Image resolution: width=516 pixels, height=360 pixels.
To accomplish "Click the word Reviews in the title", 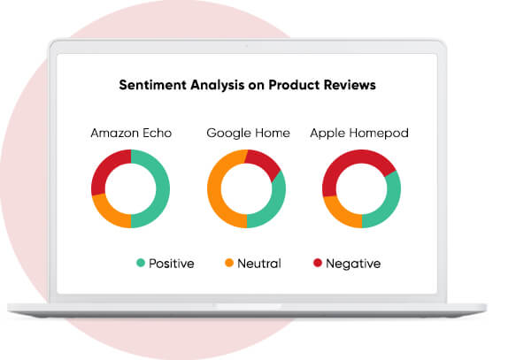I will coord(350,87).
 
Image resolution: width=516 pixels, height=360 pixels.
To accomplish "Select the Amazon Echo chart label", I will coord(131,134).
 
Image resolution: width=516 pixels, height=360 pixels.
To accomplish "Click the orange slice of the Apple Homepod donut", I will coord(336,212).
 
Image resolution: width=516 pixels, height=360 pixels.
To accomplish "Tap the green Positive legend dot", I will coord(140,264).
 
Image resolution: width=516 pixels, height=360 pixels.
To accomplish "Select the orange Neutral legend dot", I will coord(228,264).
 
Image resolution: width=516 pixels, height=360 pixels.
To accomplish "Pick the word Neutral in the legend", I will coord(258,264).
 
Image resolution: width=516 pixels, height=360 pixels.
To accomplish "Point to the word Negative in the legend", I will coord(352,264).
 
